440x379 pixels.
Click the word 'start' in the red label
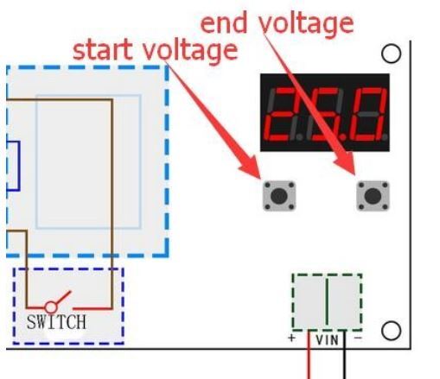coord(102,51)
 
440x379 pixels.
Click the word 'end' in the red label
coord(224,23)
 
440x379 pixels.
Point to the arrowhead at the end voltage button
coord(347,163)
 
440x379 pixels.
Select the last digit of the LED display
coord(371,114)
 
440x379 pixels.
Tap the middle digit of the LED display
coord(326,114)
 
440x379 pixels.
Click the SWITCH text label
coord(56,322)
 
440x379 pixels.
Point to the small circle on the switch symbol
coord(51,307)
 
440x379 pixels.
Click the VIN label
coord(327,340)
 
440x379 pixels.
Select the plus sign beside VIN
coord(292,338)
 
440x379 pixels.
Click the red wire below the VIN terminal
coord(309,355)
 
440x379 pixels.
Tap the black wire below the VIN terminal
coord(344,355)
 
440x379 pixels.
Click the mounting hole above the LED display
coord(391,54)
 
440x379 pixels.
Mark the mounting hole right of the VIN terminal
coord(391,331)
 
